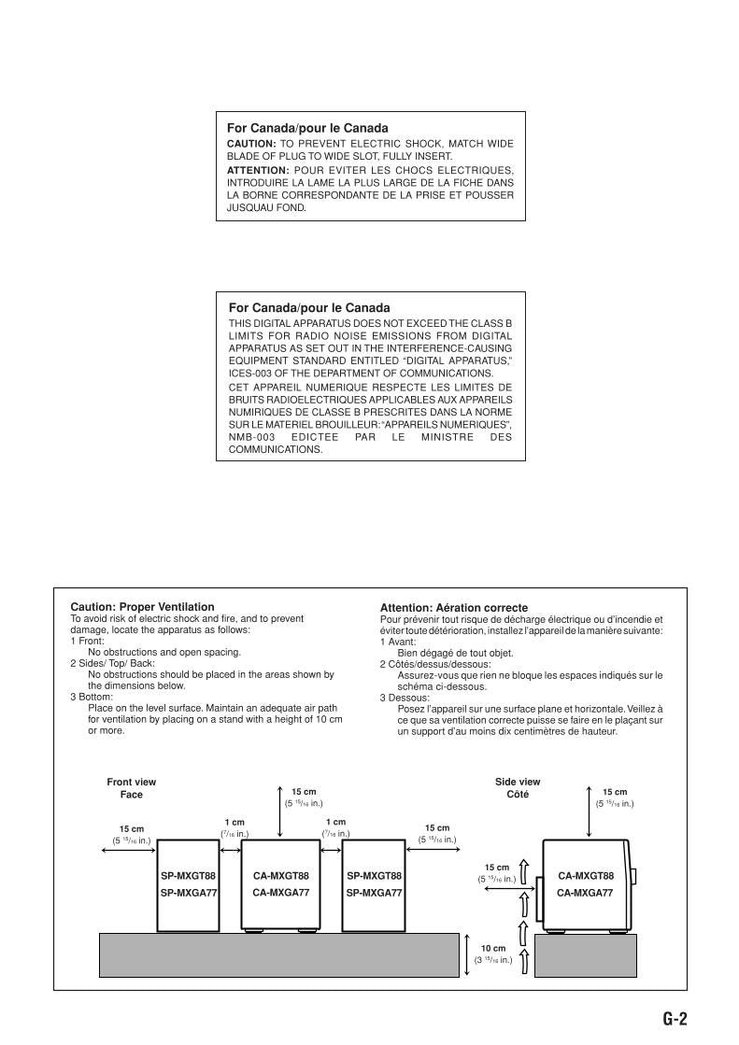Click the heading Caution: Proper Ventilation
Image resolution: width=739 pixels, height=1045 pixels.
click(142, 607)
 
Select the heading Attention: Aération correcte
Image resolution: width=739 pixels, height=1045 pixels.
click(453, 608)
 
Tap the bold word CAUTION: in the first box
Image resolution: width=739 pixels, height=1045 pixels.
click(251, 144)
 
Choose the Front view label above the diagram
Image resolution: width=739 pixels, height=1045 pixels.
click(131, 782)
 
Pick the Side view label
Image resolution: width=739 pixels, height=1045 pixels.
click(518, 782)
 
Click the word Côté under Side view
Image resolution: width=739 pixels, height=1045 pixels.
click(518, 795)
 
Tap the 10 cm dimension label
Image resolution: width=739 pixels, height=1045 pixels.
click(493, 948)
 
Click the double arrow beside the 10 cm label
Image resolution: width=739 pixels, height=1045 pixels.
click(466, 953)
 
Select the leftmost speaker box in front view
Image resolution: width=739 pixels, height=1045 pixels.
click(187, 884)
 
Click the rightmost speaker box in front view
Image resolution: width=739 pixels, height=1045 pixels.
click(374, 884)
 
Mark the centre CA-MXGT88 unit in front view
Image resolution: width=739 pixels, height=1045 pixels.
click(280, 884)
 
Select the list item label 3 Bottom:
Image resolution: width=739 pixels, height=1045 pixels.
click(92, 697)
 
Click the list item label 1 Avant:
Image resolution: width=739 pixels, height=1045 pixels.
click(400, 642)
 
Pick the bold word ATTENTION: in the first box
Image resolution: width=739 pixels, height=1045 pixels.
click(258, 171)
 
